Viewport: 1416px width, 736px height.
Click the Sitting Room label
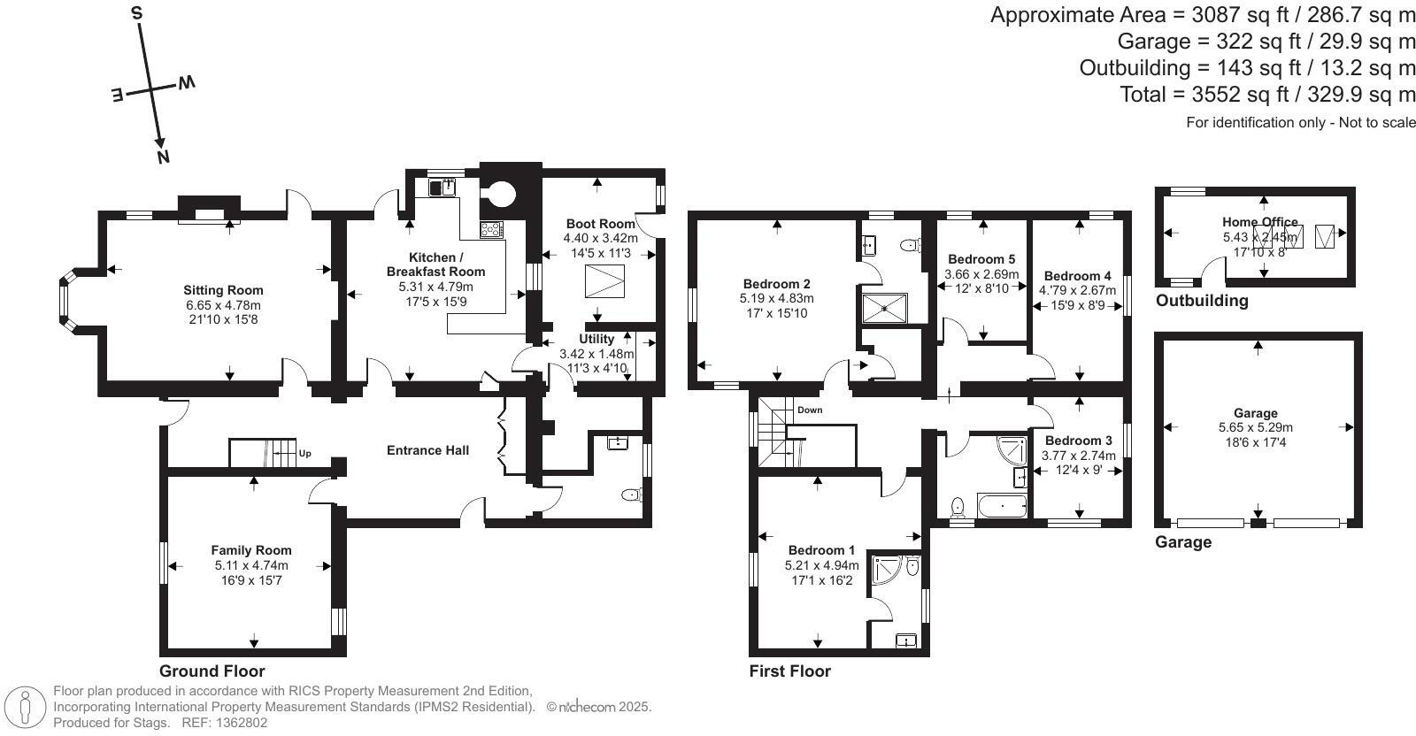point(223,290)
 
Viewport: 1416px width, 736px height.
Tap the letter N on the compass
point(163,157)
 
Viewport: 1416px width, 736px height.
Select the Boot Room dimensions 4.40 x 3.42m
point(600,238)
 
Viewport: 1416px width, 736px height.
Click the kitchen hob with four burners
point(491,229)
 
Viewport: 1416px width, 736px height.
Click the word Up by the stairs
point(305,454)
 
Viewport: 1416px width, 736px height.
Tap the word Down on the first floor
point(809,410)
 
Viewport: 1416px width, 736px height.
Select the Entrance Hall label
point(427,450)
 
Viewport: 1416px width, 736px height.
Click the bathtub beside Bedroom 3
point(1001,508)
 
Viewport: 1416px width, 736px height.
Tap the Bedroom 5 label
point(981,259)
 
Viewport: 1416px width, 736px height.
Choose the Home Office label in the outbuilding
point(1259,222)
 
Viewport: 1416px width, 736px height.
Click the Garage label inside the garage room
point(1255,413)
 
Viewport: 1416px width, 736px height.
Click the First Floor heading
point(789,671)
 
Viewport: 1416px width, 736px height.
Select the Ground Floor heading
point(212,671)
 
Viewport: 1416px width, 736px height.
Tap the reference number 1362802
point(236,723)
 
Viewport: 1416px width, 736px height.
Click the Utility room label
point(596,339)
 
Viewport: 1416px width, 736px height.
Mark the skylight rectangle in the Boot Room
point(604,281)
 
